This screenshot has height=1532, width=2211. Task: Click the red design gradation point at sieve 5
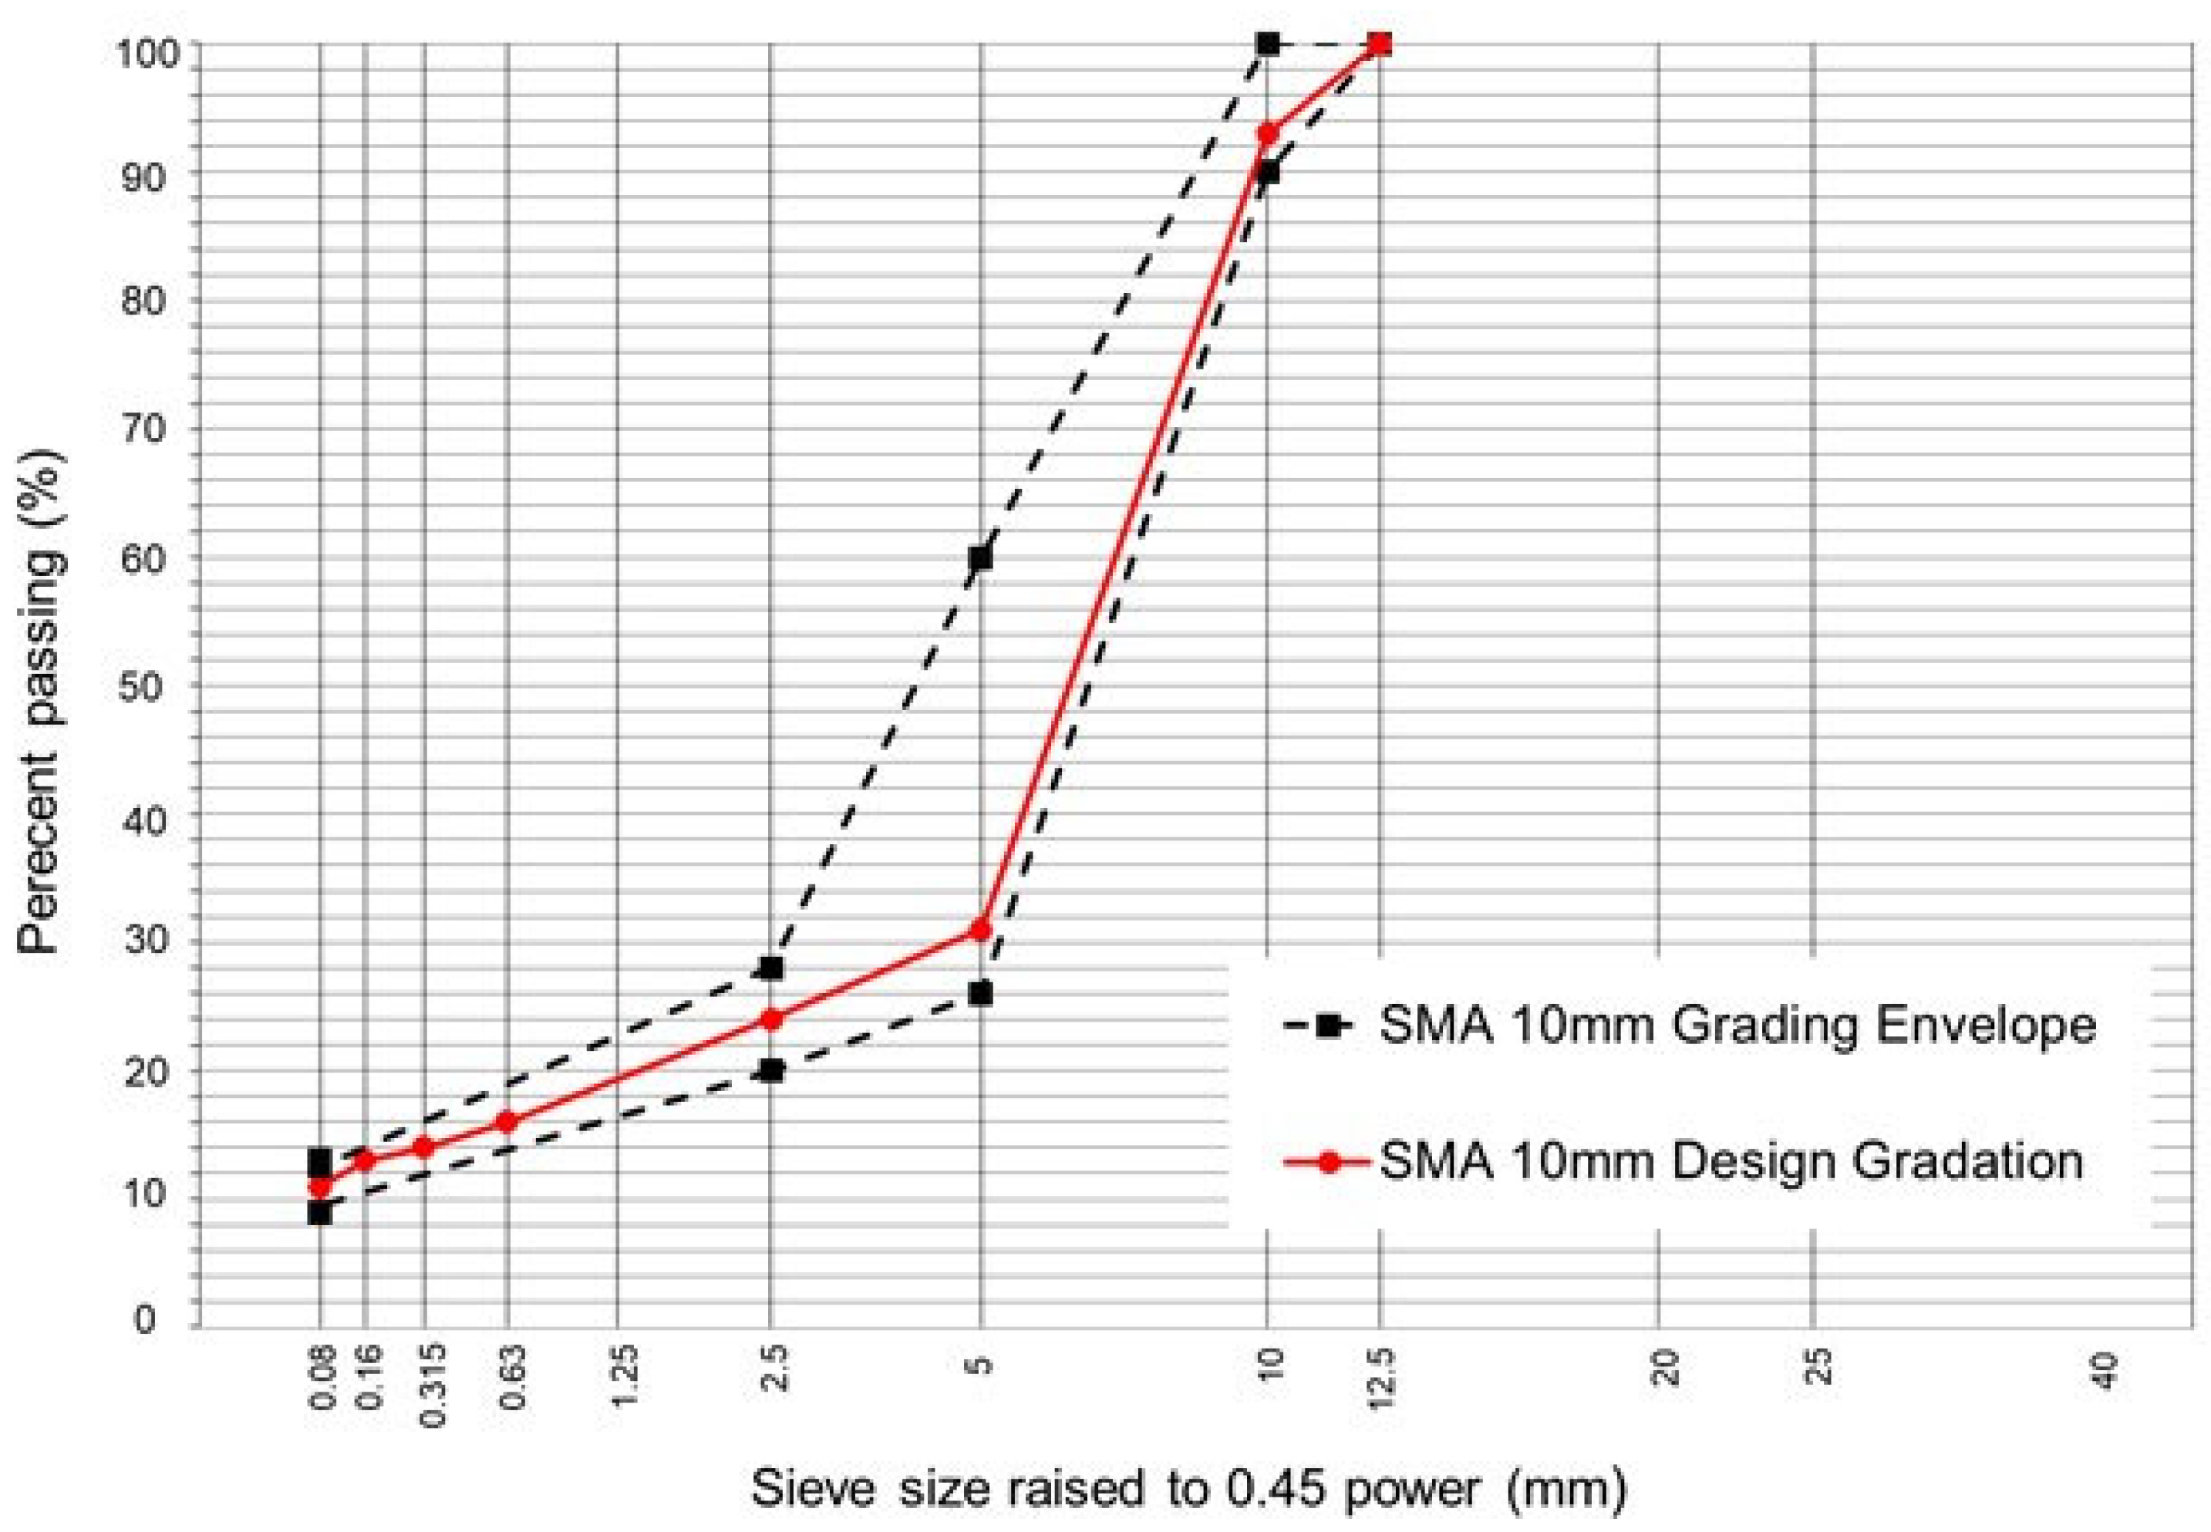(x=980, y=929)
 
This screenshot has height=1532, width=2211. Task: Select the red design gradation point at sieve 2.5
(x=770, y=1019)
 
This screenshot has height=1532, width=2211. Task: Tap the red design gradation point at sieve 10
(x=1267, y=133)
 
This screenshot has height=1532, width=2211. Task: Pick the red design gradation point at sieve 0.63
(x=508, y=1121)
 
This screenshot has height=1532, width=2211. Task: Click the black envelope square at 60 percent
(x=980, y=557)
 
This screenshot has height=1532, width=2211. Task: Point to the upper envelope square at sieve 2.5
(x=770, y=968)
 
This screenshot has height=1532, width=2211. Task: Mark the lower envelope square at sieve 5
(x=980, y=994)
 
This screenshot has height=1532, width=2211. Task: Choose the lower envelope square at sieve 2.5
(x=770, y=1070)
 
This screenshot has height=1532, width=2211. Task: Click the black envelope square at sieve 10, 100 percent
(x=1267, y=43)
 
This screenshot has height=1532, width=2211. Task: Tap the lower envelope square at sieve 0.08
(x=320, y=1212)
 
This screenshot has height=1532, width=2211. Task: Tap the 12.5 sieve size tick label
(x=1380, y=1379)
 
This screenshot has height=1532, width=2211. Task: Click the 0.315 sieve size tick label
(x=432, y=1386)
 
